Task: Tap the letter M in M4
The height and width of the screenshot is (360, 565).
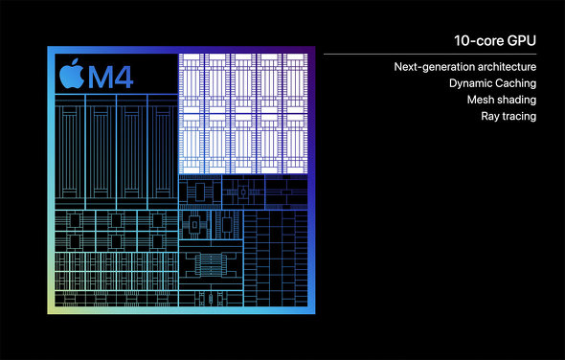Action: pos(101,77)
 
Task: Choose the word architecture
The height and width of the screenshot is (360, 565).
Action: pos(506,67)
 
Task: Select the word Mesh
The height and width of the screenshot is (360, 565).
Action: pos(482,100)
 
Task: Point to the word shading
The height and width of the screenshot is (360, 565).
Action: pos(517,100)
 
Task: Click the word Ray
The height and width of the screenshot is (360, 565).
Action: pos(491,116)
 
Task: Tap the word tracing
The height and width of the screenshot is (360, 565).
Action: pos(520,116)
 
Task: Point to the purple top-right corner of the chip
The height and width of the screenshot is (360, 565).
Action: pos(309,50)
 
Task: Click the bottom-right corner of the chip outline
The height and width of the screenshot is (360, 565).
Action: pos(312,314)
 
